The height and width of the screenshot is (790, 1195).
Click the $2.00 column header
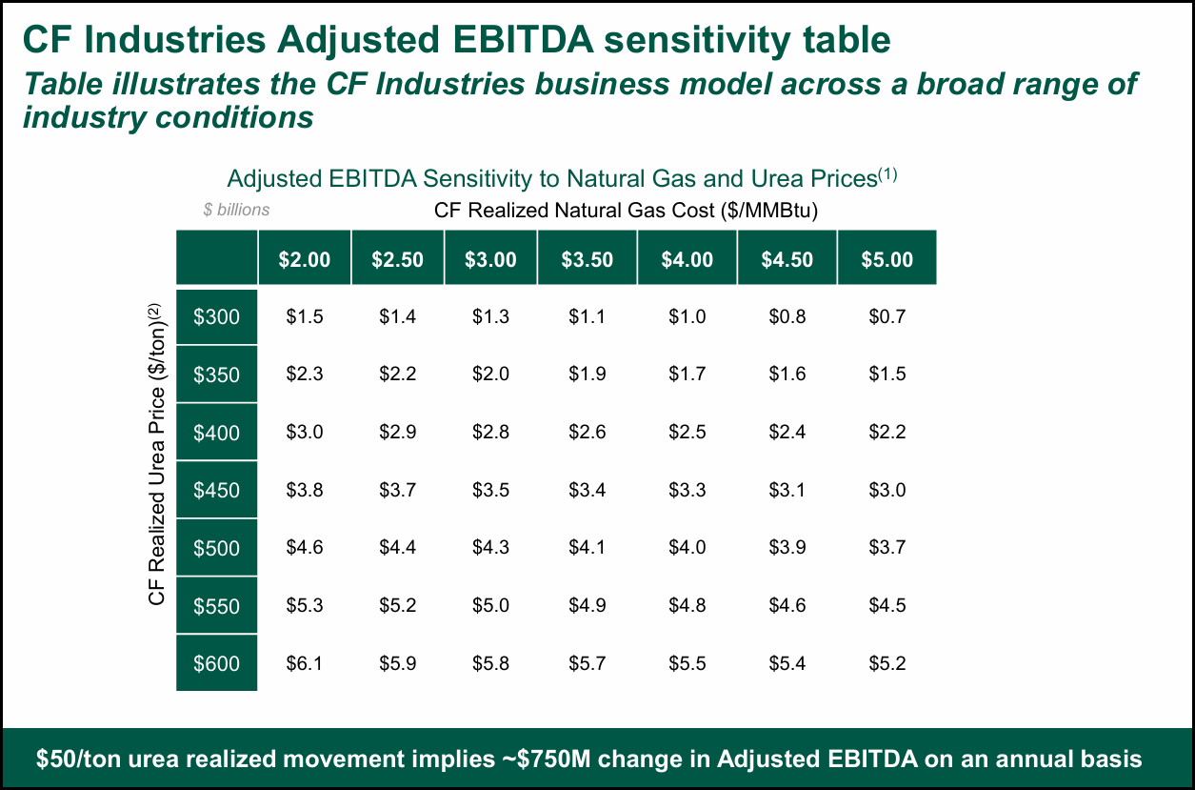(305, 259)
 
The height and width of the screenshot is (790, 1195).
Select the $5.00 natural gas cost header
(886, 259)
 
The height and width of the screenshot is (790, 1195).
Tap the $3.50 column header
(587, 259)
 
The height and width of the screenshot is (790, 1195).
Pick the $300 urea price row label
(217, 317)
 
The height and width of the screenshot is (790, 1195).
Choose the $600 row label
(217, 663)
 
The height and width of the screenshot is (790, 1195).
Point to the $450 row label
(217, 491)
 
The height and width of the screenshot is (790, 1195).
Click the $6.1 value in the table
(305, 663)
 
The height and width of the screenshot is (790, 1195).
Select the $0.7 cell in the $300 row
(886, 317)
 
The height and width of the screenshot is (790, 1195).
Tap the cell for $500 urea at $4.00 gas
(687, 548)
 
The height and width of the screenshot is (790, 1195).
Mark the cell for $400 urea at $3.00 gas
(490, 433)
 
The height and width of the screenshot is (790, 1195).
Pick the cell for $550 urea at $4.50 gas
(787, 606)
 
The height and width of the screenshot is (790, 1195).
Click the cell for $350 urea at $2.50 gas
(397, 375)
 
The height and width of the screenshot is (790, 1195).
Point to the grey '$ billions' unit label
(236, 210)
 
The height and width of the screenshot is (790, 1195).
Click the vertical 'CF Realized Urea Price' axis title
(158, 453)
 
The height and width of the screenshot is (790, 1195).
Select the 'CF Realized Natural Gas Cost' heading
(626, 210)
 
